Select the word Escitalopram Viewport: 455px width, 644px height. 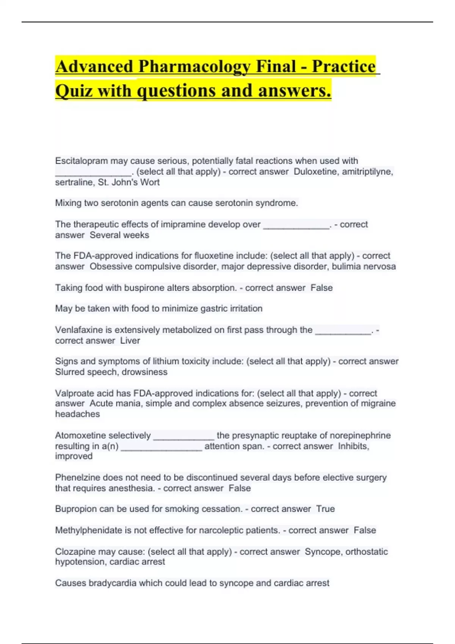[x=81, y=161]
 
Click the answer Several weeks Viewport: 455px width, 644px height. [x=119, y=235]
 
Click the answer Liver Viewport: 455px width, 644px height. [x=130, y=341]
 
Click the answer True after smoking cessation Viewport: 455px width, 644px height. [x=325, y=509]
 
